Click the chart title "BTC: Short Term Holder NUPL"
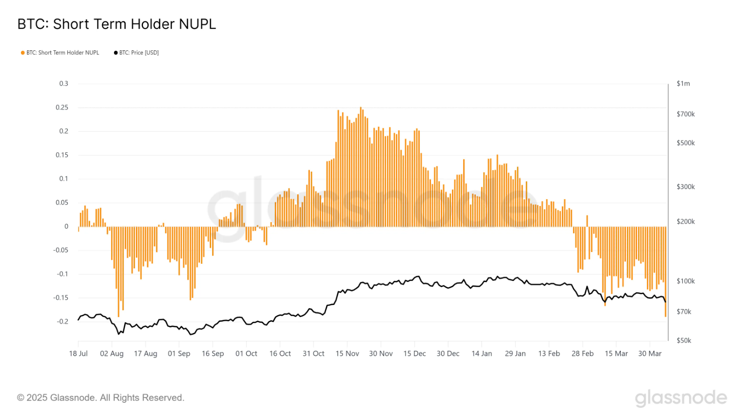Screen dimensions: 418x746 117,24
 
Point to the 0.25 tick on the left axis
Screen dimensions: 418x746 62,107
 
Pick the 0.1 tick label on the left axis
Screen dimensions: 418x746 63,179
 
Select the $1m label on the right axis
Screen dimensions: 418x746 683,83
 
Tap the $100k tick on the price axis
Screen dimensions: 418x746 685,281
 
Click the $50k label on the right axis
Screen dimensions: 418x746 683,341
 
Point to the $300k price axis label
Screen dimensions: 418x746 685,187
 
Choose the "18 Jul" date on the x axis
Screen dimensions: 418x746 78,353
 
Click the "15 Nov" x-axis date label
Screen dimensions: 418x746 347,353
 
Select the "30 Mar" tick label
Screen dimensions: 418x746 649,353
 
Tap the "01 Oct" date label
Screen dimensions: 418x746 246,353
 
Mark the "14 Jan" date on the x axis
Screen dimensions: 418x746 481,353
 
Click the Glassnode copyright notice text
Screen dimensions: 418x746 101,398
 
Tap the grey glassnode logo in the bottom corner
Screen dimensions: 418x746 681,398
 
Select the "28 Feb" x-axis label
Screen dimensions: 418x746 582,353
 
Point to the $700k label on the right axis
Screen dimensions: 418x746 685,114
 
